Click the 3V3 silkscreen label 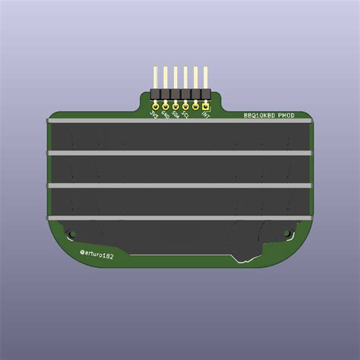(x=156, y=115)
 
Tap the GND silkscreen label (x=166, y=115)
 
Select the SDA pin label (x=175, y=115)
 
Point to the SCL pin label (x=186, y=115)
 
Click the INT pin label (x=205, y=115)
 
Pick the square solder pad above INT (x=206, y=106)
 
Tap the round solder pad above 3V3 (x=156, y=106)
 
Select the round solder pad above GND (x=166, y=106)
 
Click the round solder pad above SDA (x=175, y=106)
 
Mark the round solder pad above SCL (x=185, y=106)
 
